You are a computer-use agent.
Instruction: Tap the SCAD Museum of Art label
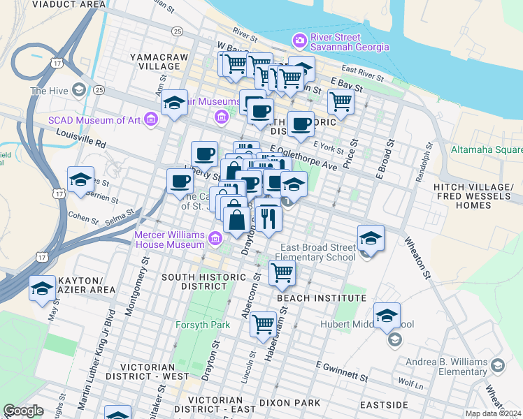(x=94, y=120)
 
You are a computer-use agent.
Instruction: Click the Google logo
(x=23, y=411)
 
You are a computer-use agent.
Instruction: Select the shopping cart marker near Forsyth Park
(x=263, y=323)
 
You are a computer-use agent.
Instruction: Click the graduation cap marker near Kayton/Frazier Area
(x=43, y=288)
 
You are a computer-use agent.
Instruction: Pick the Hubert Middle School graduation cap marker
(x=387, y=316)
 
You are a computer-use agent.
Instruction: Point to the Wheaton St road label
(x=417, y=258)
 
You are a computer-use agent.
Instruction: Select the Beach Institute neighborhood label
(x=321, y=298)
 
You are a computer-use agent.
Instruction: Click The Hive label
(x=49, y=91)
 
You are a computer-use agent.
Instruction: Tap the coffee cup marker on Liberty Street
(x=180, y=182)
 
